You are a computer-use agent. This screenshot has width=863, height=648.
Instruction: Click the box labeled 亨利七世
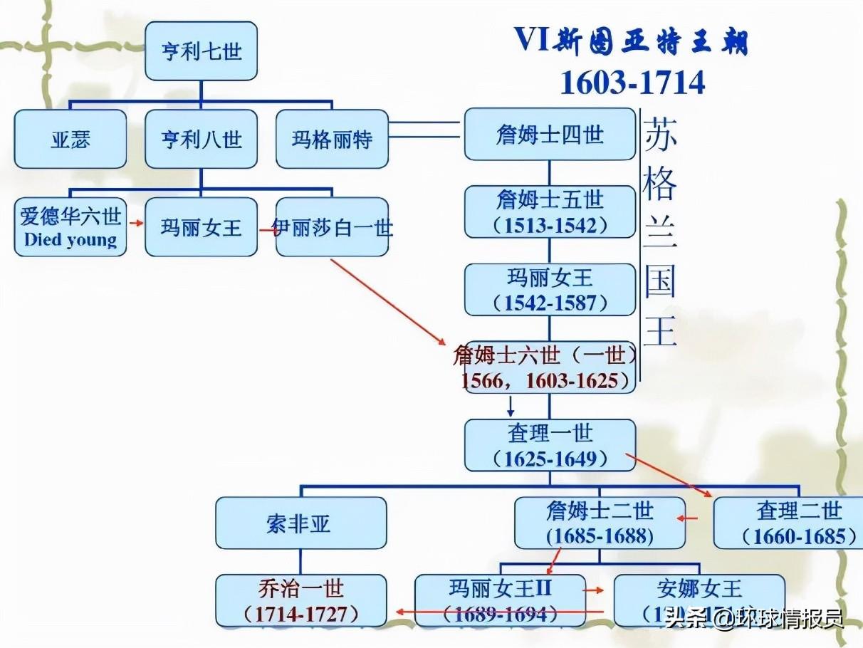[202, 51]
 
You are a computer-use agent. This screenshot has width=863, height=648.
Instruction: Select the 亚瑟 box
[70, 139]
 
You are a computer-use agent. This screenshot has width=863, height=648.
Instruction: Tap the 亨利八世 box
[202, 139]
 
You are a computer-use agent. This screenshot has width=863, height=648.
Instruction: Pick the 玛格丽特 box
[332, 139]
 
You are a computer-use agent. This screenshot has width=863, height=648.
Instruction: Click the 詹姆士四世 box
[550, 134]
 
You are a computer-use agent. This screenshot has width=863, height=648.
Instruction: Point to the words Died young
[70, 239]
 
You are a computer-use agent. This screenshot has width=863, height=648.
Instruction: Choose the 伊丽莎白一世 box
[332, 227]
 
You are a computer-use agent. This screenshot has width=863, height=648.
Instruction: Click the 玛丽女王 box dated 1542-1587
[550, 289]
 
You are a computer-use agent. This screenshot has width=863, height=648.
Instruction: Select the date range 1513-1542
[550, 225]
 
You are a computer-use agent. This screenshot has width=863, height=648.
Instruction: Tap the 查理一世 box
[550, 445]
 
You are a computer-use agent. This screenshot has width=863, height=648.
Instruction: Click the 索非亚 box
[300, 523]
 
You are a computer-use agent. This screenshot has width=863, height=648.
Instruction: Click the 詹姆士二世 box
[600, 523]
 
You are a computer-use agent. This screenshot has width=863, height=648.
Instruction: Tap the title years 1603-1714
[632, 83]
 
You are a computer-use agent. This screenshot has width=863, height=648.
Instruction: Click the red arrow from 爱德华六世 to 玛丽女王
[135, 222]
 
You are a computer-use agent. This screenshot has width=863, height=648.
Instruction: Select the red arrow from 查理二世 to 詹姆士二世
[687, 518]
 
